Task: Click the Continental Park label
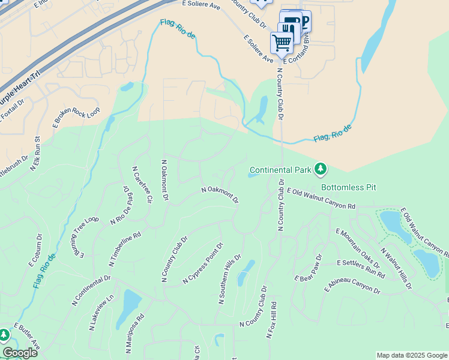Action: [x=280, y=170]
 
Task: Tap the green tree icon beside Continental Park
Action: [x=321, y=170]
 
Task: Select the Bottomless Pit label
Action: [x=348, y=187]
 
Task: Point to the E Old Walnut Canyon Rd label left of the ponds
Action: [x=321, y=199]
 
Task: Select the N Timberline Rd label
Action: [x=125, y=249]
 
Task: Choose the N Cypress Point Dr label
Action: [x=203, y=263]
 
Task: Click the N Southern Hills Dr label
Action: [x=229, y=280]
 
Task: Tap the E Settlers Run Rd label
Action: [x=361, y=268]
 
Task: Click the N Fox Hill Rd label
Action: [x=271, y=320]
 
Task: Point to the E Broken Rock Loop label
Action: [x=77, y=117]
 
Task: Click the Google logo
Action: [x=20, y=353]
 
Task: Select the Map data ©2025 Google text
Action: [x=411, y=355]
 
